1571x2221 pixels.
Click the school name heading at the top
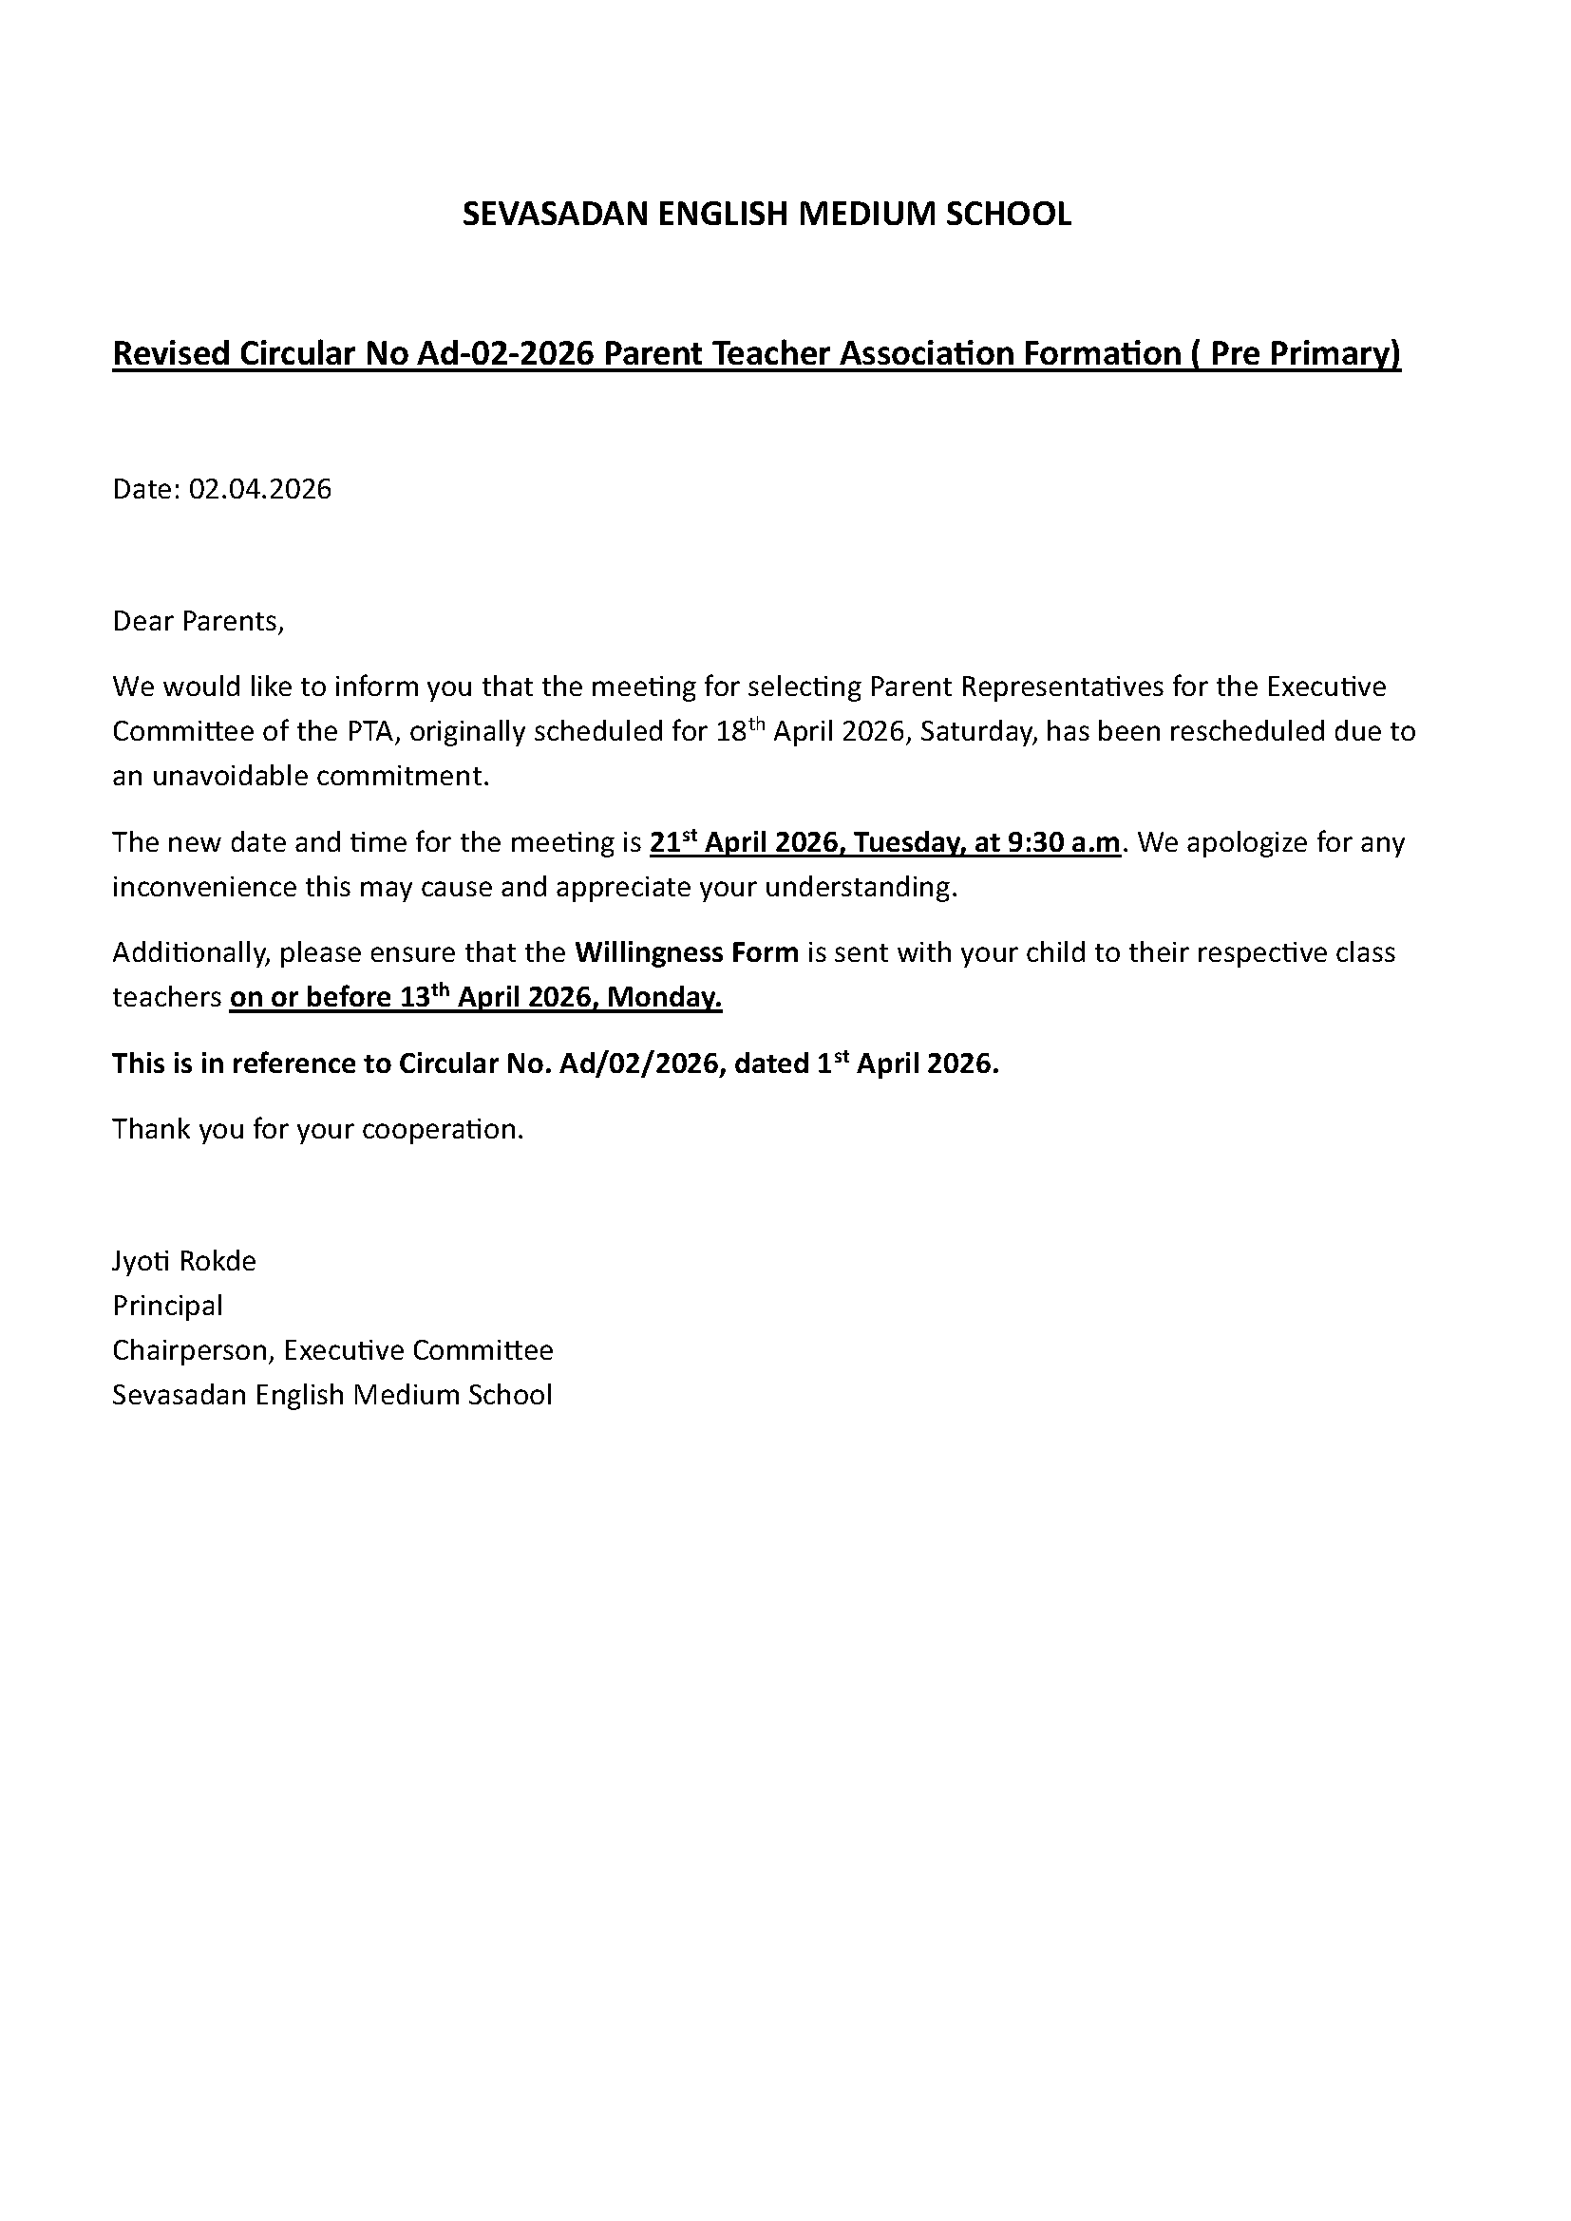pos(767,214)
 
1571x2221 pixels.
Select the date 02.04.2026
pos(259,489)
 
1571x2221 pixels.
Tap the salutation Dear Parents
pos(199,621)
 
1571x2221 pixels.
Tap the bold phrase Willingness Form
pos(686,952)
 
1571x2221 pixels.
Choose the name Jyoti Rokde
pos(184,1261)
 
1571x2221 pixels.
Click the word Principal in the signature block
pos(167,1306)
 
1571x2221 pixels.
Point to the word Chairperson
pos(193,1350)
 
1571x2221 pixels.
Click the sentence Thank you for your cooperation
pos(317,1129)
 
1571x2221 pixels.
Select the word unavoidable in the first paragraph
pos(220,776)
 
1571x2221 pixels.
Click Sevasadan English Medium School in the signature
pos(331,1395)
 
